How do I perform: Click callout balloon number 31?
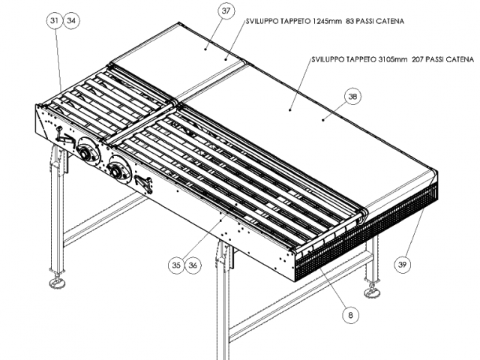coord(54,22)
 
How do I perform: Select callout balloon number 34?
coord(72,22)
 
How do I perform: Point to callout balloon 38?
coord(352,96)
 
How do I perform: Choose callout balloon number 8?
coord(349,316)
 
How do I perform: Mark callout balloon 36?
coord(193,264)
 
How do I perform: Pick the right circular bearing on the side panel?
coord(117,172)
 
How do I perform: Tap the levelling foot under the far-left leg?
coord(57,282)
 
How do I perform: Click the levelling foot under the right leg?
coord(371,291)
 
